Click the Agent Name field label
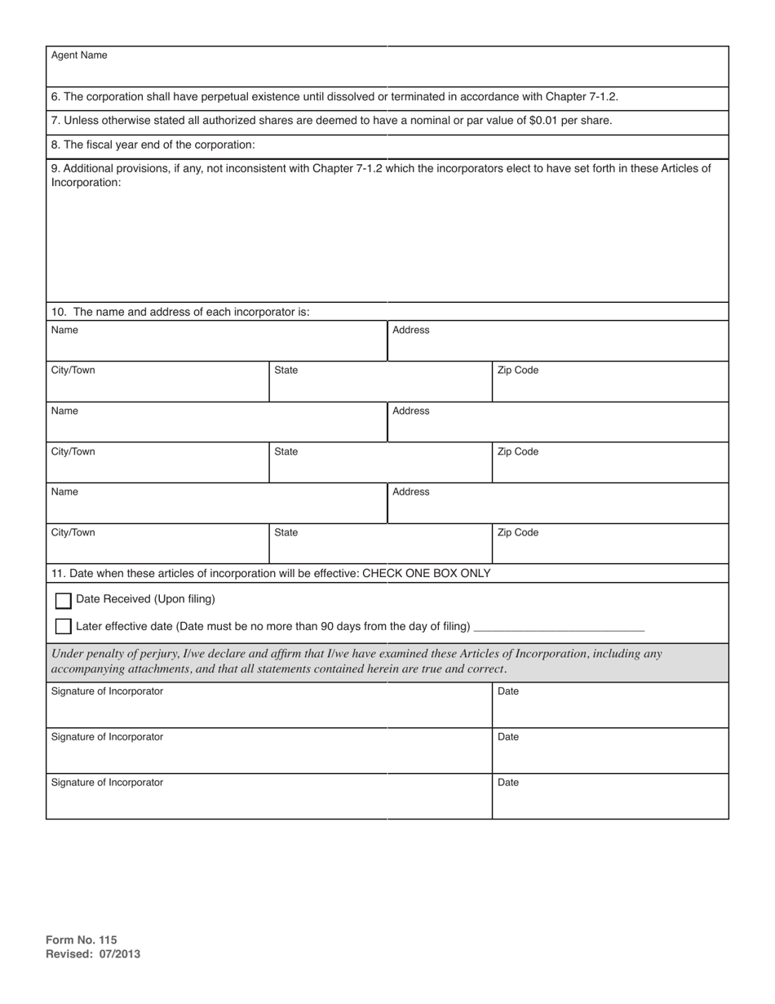click(78, 56)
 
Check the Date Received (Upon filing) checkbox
click(63, 601)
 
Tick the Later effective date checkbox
click(63, 627)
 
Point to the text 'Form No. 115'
click(82, 940)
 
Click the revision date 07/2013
click(120, 953)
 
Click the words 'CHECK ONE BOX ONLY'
click(426, 573)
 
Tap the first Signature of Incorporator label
click(107, 691)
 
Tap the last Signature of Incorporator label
click(107, 783)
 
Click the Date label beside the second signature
click(507, 737)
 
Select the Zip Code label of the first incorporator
click(517, 371)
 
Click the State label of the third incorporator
click(286, 533)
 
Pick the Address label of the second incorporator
click(410, 411)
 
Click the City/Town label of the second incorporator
click(73, 452)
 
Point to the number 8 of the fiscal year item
click(55, 145)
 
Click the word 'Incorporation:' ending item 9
click(86, 183)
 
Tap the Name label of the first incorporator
click(64, 331)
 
